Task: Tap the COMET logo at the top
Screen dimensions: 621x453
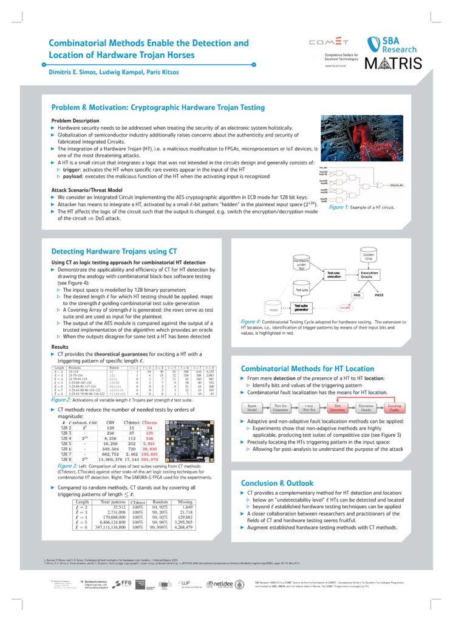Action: [330, 42]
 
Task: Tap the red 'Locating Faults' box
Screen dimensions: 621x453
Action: [394, 408]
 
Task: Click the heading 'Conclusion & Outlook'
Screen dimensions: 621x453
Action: [278, 483]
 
